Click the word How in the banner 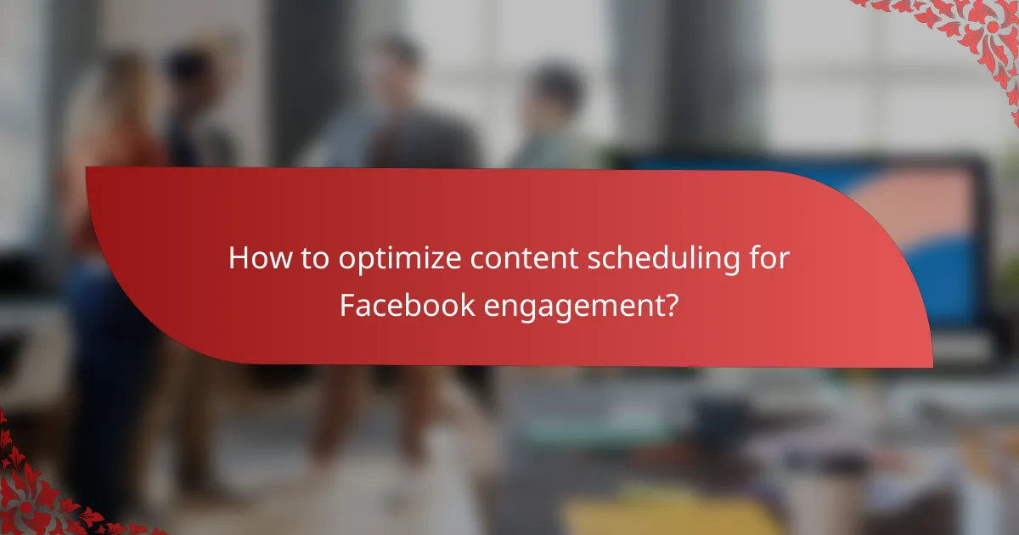253,258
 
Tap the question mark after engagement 670,305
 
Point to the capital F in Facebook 347,305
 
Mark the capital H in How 238,258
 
